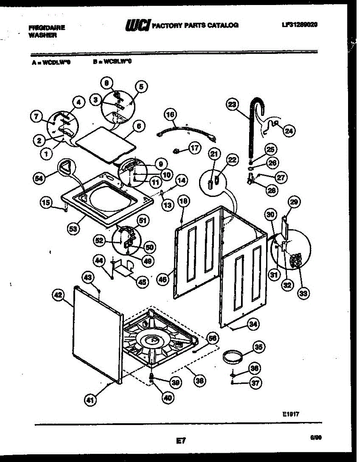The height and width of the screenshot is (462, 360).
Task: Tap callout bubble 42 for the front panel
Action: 57,295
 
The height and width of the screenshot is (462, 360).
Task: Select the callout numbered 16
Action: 170,114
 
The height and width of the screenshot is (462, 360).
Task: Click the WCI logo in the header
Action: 138,25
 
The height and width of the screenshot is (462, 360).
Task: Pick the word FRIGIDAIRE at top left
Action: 47,28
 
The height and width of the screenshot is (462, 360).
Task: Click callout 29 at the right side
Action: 295,202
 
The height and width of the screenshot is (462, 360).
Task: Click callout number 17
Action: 195,147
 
